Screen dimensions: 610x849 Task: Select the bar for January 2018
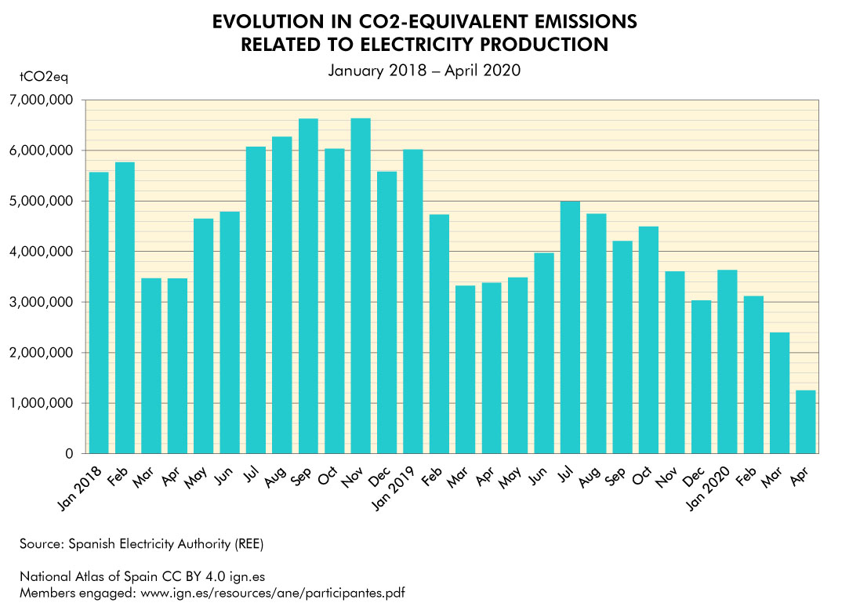tap(98, 313)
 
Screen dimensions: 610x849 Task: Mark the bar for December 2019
tap(701, 377)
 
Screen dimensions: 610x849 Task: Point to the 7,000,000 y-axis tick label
tap(42, 100)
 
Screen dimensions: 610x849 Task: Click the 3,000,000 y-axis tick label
tap(42, 303)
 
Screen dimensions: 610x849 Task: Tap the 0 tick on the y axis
tap(69, 454)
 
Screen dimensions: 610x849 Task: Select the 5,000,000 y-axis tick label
tap(42, 202)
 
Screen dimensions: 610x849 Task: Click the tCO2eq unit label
tap(43, 78)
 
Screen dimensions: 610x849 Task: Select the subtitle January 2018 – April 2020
tap(424, 70)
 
